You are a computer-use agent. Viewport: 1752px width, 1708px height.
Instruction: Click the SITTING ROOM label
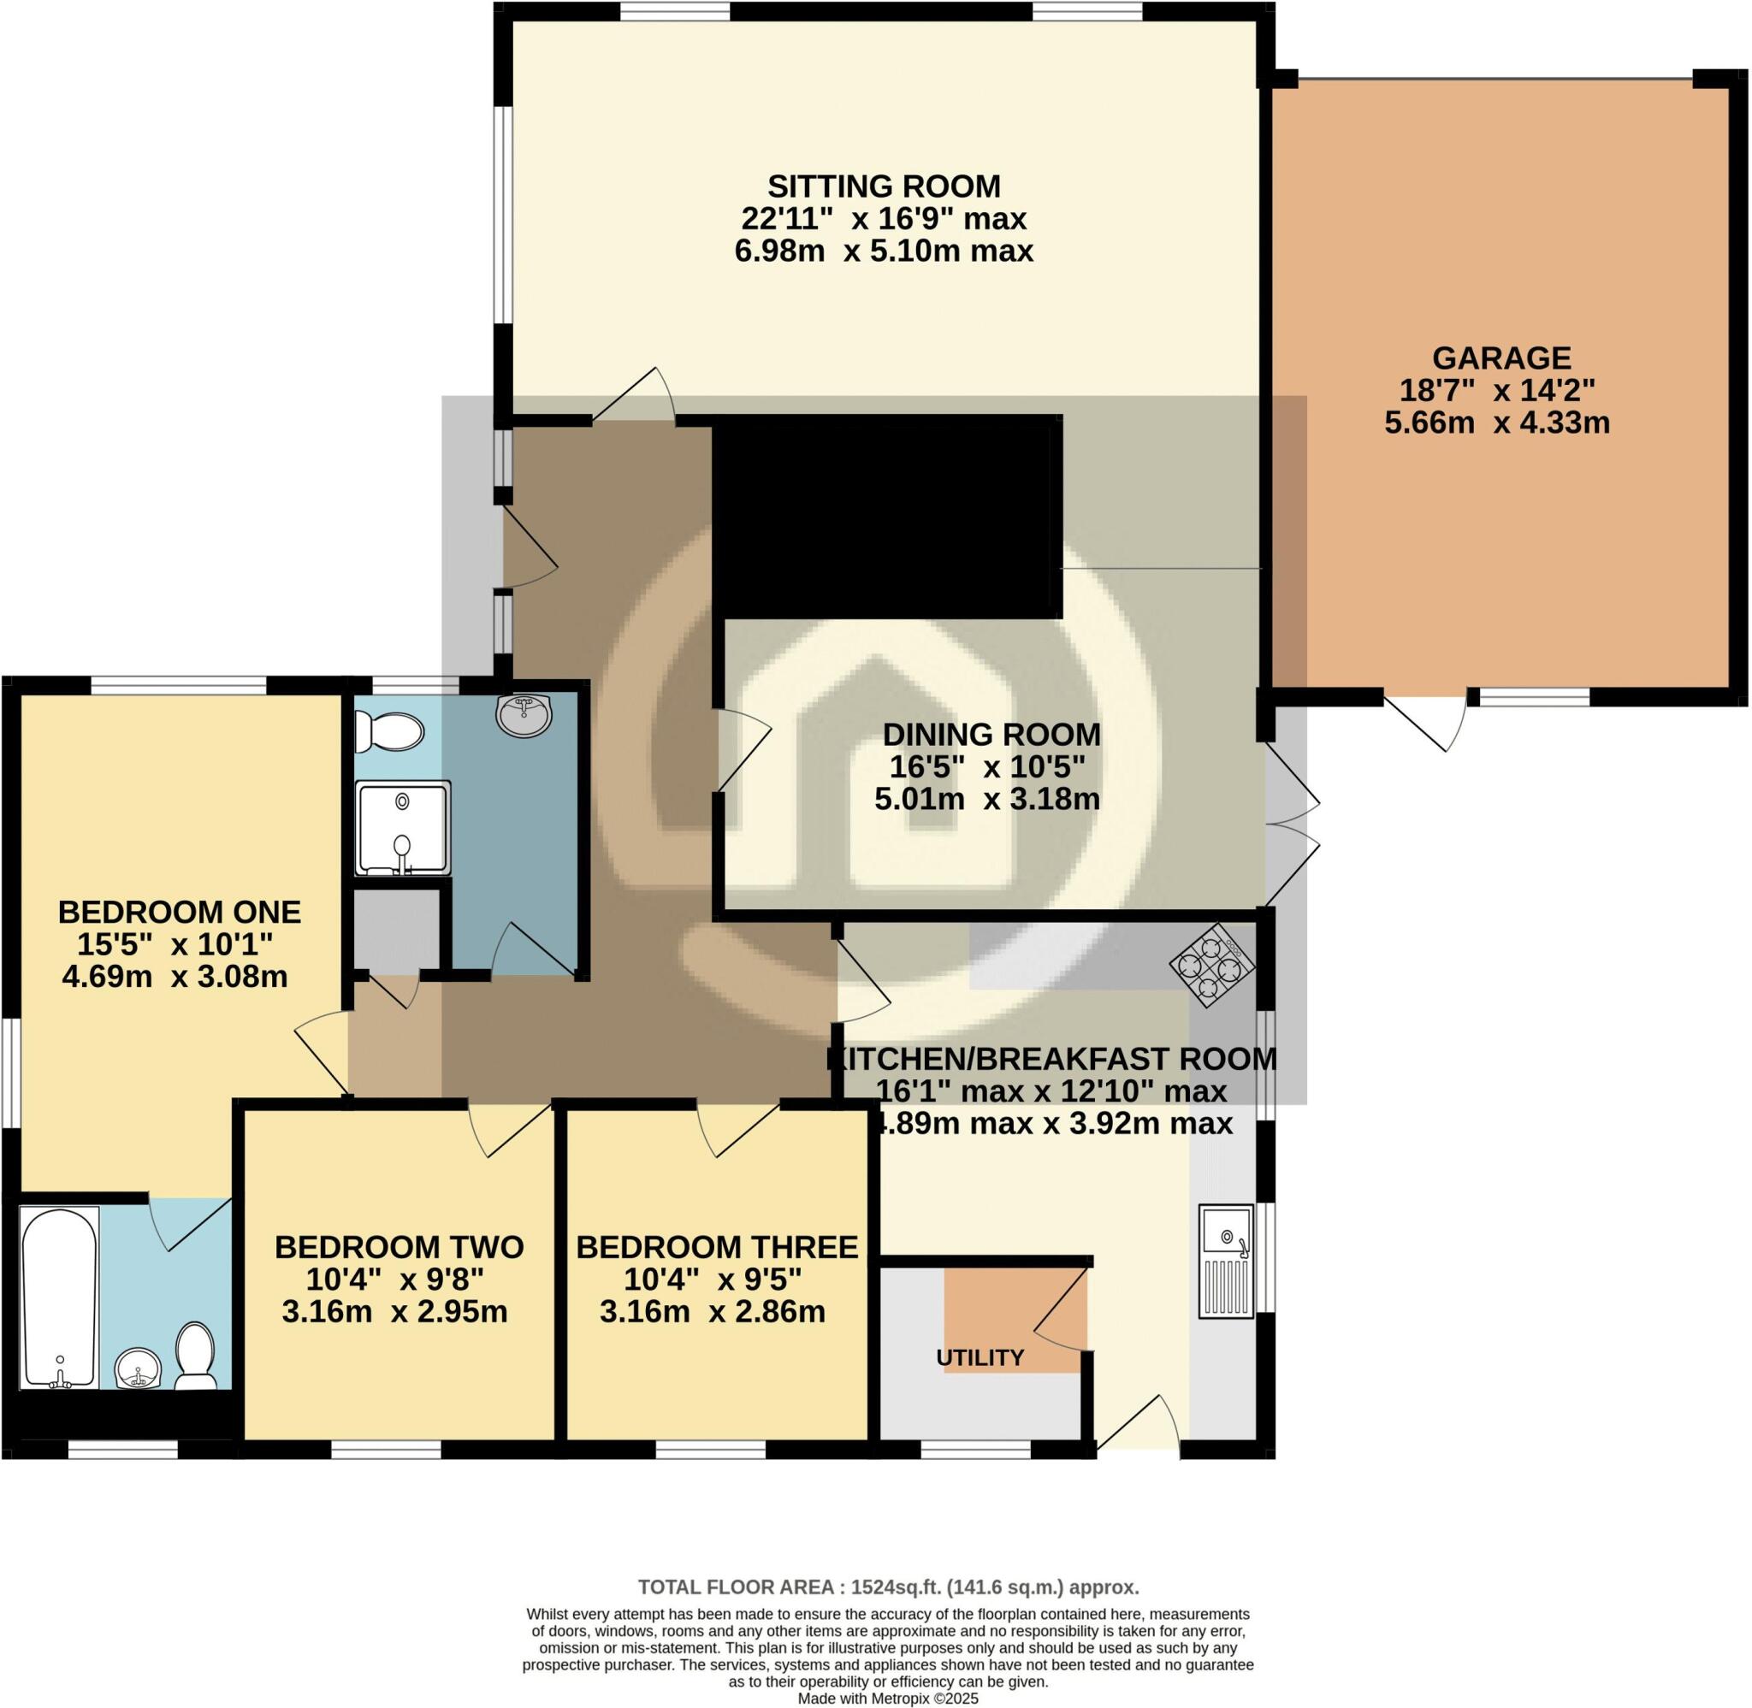(884, 186)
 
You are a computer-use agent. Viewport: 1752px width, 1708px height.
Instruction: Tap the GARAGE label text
(1500, 358)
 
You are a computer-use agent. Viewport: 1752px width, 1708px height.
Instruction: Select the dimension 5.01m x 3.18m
(987, 798)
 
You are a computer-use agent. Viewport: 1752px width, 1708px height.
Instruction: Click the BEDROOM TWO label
(399, 1247)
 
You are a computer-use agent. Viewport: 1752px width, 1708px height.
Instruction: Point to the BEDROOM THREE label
(717, 1247)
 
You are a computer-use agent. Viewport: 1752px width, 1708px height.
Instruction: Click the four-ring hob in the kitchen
(1211, 966)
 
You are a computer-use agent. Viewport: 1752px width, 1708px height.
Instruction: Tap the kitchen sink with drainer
(1226, 1261)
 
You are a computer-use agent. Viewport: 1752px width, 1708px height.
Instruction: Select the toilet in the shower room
(388, 732)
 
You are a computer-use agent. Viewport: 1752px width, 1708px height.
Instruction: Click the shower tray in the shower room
(403, 828)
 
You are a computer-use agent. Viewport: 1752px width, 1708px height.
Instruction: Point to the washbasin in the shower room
(524, 714)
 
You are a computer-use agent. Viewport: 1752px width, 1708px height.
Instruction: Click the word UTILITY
(980, 1357)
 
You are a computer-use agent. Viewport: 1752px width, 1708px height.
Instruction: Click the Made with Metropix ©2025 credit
(887, 1698)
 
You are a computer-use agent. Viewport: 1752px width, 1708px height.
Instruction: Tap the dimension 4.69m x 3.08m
(175, 977)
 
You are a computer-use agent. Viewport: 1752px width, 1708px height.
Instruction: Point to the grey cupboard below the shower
(395, 931)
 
